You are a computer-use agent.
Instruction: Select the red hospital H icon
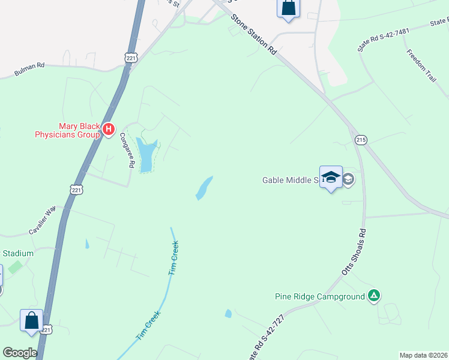(x=109, y=128)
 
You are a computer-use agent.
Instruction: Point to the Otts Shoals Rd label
(x=353, y=252)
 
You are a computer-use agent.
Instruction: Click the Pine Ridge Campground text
(x=320, y=296)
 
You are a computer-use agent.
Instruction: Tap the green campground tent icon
(x=374, y=295)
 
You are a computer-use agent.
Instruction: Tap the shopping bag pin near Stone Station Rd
(x=288, y=8)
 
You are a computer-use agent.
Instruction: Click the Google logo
(x=19, y=353)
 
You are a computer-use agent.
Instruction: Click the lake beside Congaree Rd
(x=146, y=154)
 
